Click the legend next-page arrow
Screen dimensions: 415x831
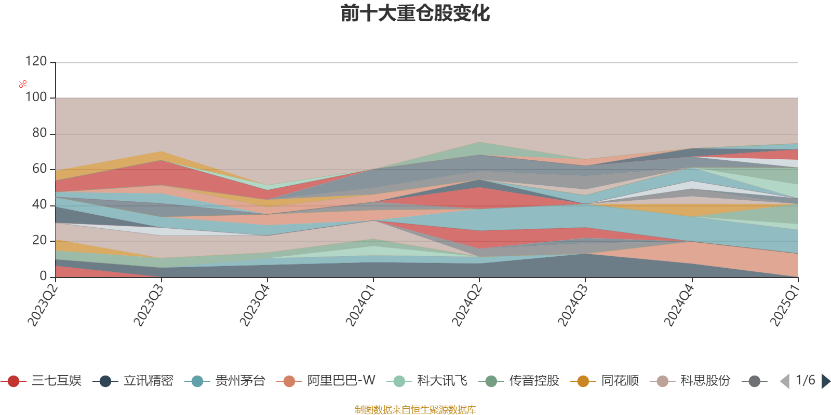825,381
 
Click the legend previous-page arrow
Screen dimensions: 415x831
784,381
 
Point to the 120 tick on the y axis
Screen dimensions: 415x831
36,62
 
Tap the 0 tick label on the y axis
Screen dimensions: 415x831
43,276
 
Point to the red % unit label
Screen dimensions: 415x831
22,84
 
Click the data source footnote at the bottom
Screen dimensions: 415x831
415,410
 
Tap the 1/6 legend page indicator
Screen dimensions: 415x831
805,380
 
